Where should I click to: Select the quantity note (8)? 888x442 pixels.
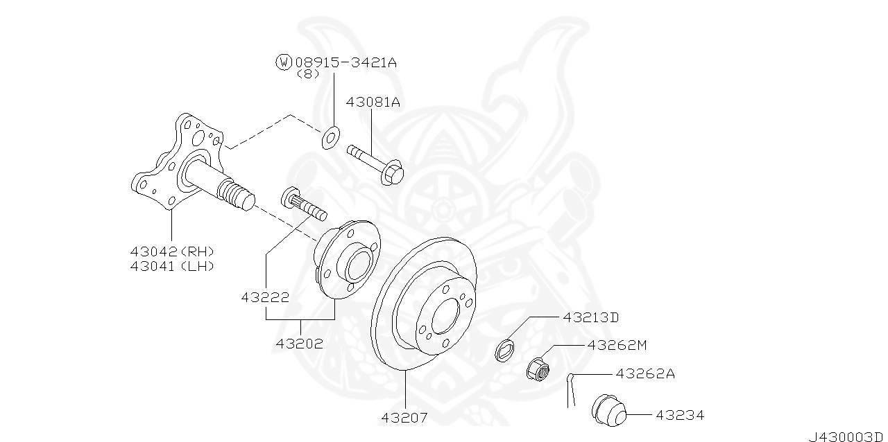coord(307,74)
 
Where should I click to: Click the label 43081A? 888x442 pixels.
coord(373,102)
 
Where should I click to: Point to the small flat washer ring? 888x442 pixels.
coord(330,137)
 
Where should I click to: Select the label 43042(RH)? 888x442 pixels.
coord(172,251)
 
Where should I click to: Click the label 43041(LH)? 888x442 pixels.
coord(172,266)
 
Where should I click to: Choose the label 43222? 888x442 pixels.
coord(266,298)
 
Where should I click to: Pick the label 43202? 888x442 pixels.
coord(299,343)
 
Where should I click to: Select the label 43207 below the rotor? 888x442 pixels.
coord(404,418)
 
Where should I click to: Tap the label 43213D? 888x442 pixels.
coord(590,318)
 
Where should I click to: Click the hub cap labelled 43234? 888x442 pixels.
coord(608,412)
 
